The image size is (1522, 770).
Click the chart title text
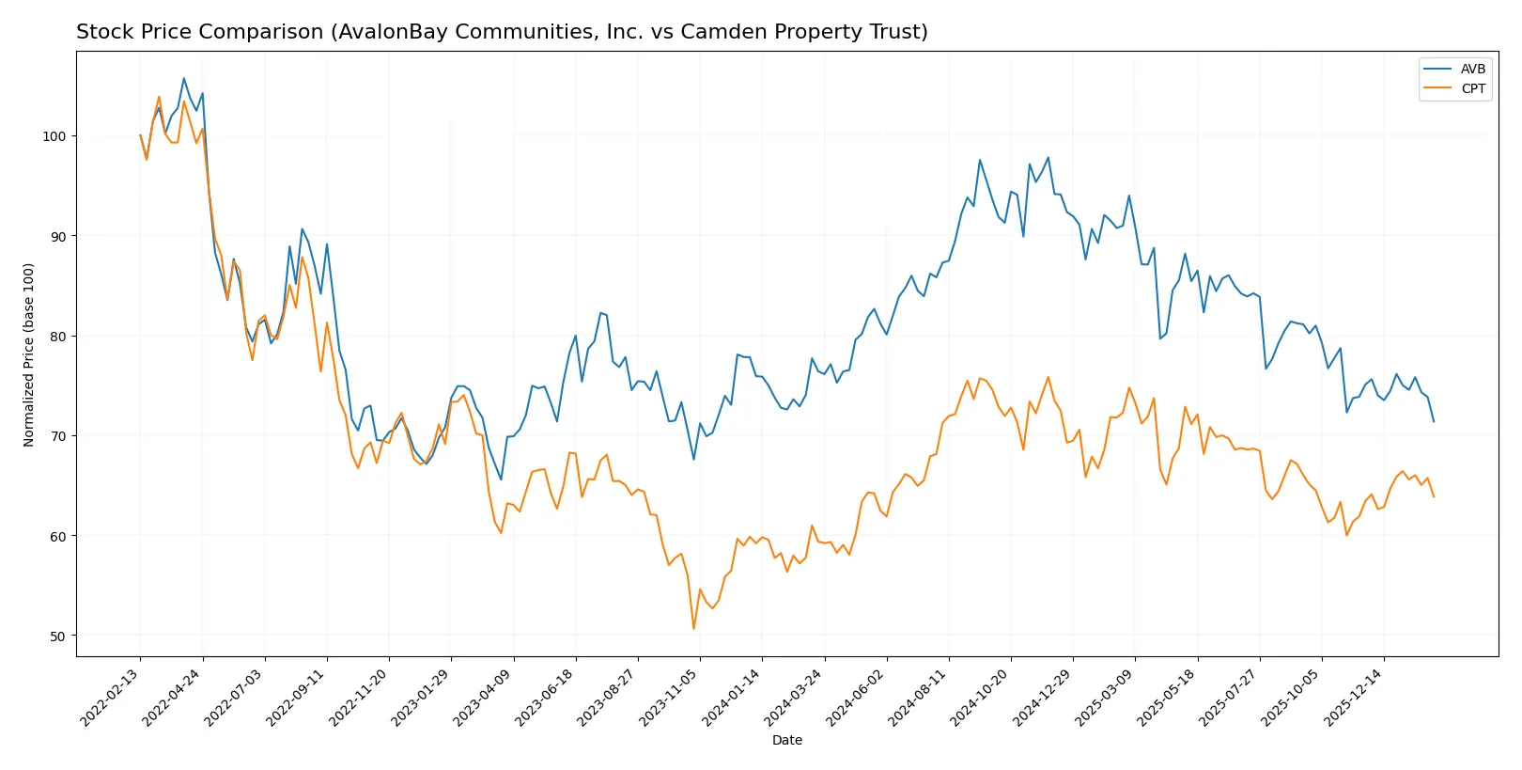(x=502, y=32)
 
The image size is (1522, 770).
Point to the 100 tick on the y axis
(x=54, y=136)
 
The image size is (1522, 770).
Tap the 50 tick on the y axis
(x=57, y=636)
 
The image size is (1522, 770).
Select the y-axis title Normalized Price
(x=29, y=354)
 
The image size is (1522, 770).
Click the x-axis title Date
(x=786, y=740)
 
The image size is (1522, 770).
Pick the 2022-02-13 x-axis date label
(x=110, y=697)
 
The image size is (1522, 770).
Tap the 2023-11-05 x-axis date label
(x=669, y=697)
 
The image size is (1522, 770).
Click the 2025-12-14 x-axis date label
(x=1353, y=697)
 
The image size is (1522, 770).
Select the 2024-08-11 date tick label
(x=918, y=697)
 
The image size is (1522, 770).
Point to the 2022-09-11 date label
(x=296, y=697)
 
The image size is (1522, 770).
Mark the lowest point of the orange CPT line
(x=693, y=628)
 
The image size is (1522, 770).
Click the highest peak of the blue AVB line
(x=183, y=78)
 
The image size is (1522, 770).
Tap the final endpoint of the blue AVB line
(x=1434, y=421)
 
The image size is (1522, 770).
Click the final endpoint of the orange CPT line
(x=1434, y=496)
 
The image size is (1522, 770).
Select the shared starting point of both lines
(x=140, y=135)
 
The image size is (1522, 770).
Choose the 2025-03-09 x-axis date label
(x=1104, y=697)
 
